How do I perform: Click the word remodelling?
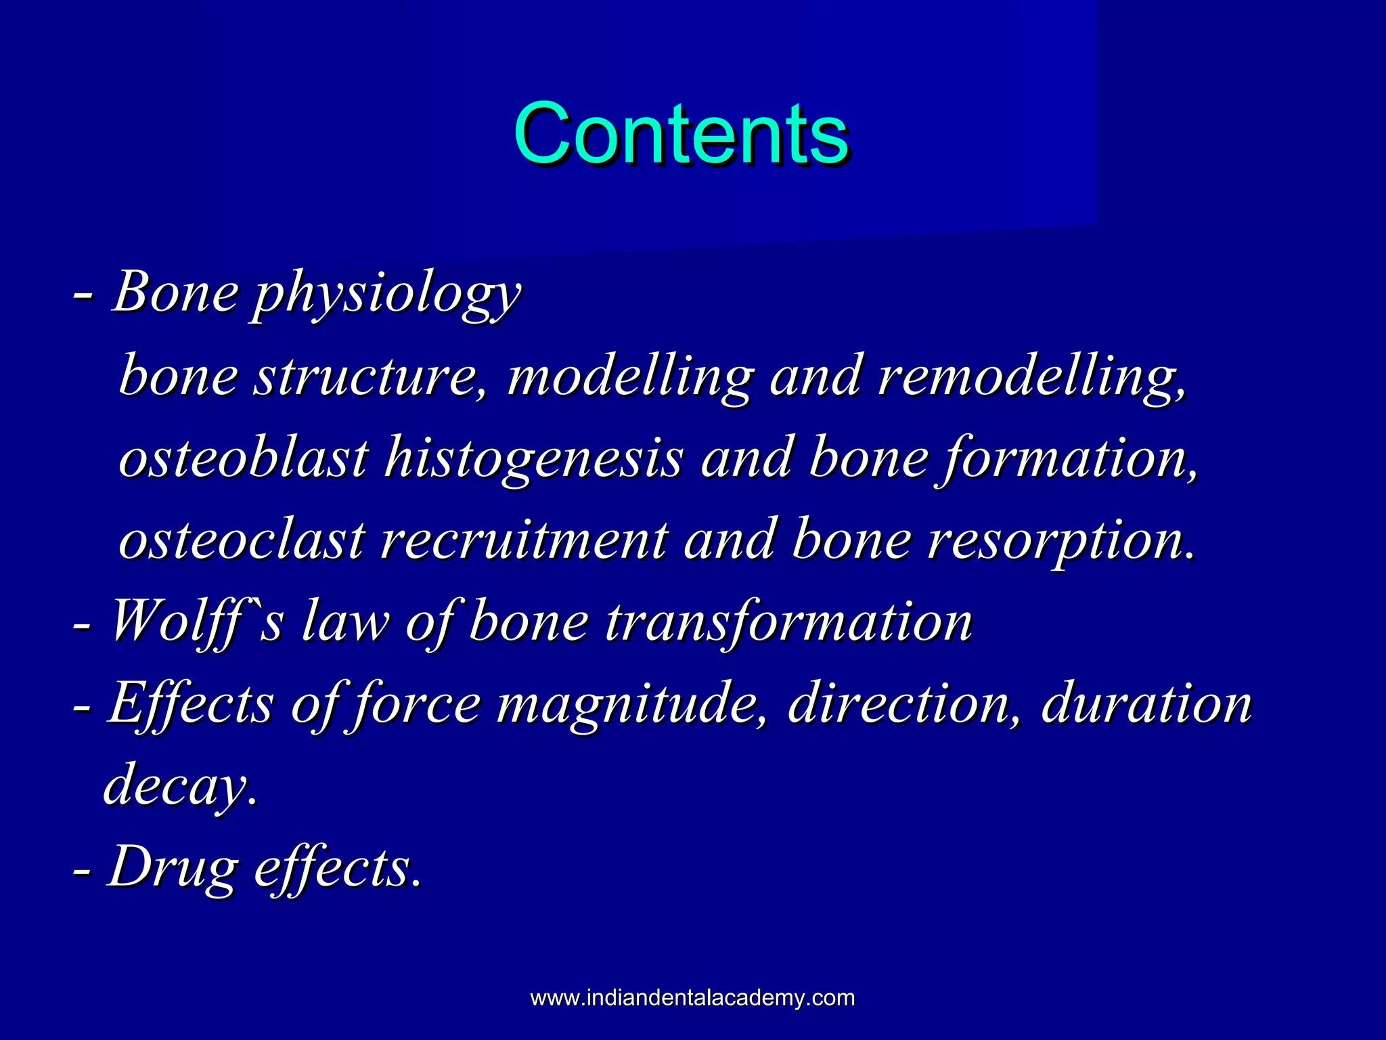pos(1031,378)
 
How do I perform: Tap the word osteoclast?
pos(242,540)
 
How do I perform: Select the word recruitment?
pos(524,540)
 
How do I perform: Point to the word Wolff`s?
pos(196,622)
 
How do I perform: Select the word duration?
pos(1146,704)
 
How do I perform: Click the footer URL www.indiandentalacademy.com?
pos(692,997)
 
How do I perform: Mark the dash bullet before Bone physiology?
pos(83,297)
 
